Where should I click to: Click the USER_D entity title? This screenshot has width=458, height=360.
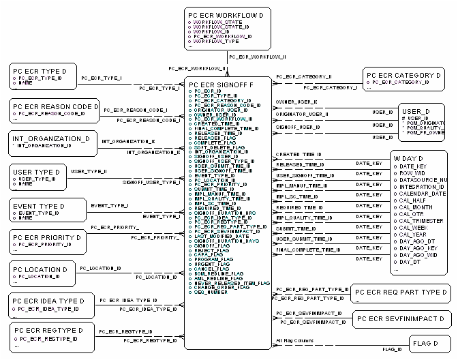click(x=415, y=111)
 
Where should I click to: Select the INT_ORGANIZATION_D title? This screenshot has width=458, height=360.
click(x=50, y=138)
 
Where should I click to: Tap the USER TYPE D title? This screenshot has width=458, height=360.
click(x=40, y=172)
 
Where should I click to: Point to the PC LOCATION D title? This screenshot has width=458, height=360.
click(x=43, y=269)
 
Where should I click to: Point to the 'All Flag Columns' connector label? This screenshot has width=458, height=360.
click(x=294, y=340)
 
